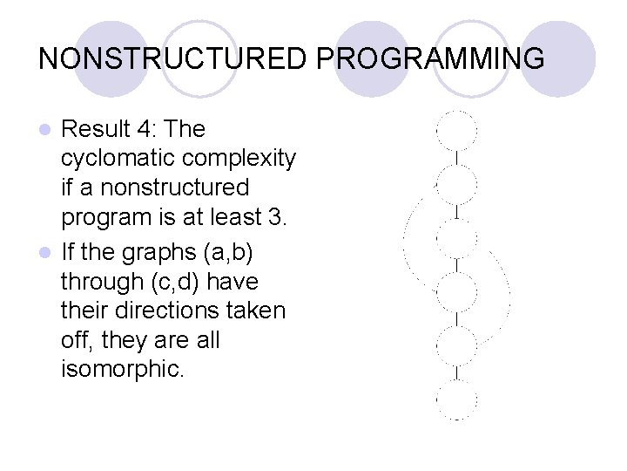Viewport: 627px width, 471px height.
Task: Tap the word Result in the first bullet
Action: coord(95,129)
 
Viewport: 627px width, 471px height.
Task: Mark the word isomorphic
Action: coord(123,369)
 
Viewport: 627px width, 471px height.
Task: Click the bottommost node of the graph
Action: coord(456,399)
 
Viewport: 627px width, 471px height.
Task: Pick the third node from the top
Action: coord(456,238)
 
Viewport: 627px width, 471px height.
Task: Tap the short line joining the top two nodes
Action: coord(456,158)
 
